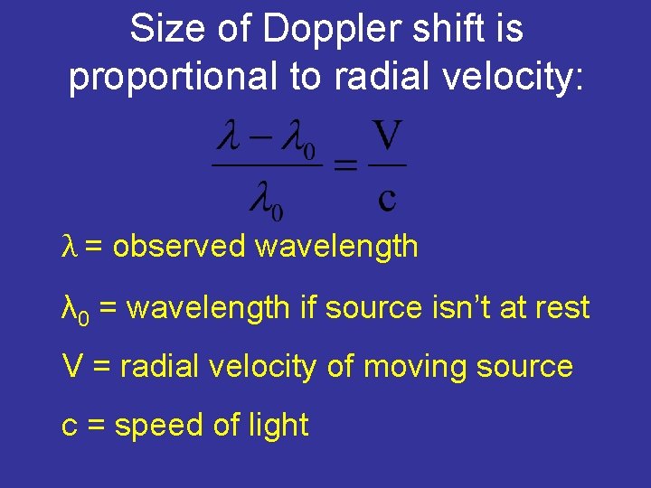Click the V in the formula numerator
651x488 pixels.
coord(387,137)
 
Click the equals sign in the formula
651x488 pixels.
coord(344,165)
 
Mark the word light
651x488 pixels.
coord(280,426)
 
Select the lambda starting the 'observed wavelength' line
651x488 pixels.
coord(68,246)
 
